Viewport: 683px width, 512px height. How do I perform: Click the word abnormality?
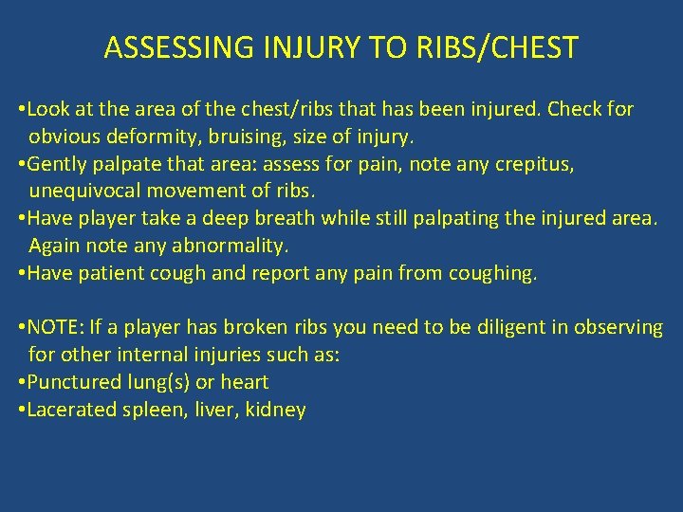[227, 246]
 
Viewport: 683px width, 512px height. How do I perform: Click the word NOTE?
[57, 328]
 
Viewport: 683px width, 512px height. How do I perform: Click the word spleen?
[148, 410]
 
